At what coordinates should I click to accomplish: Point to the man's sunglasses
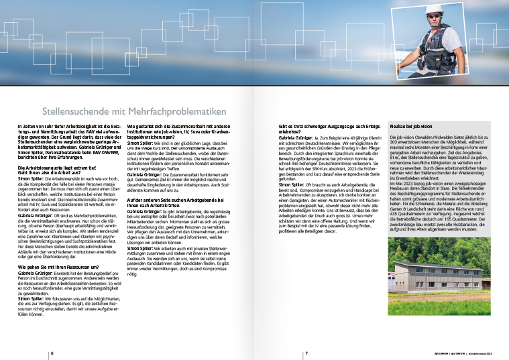click(435, 19)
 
